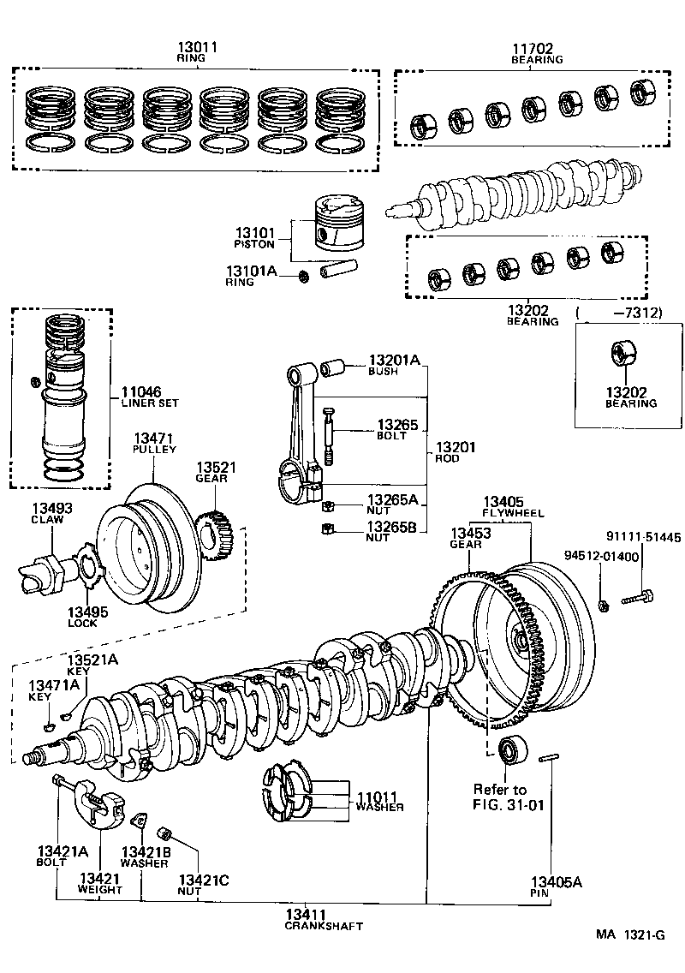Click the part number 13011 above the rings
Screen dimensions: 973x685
point(197,47)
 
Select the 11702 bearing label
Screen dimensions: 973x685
point(537,49)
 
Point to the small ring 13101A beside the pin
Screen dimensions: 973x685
point(304,276)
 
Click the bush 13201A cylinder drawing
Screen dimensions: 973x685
point(333,370)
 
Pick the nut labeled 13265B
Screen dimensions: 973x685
point(325,528)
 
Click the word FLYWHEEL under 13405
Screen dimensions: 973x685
point(513,513)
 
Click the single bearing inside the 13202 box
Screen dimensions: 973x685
point(621,354)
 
